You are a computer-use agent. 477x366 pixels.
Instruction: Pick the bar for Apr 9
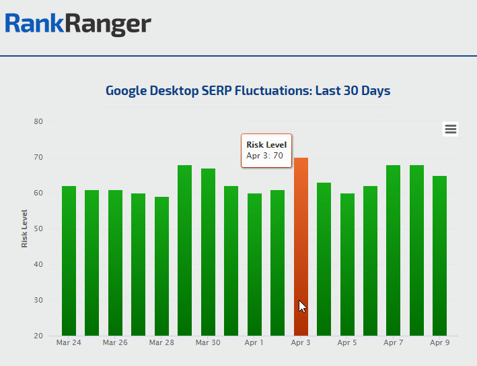(439, 255)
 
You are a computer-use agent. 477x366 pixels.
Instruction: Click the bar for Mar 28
(161, 266)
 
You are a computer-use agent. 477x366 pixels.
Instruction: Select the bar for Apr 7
(393, 250)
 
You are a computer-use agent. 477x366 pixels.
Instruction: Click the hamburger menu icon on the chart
(451, 129)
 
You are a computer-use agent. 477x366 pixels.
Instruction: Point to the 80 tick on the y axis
(38, 122)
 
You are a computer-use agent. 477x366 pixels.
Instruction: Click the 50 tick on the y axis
(38, 229)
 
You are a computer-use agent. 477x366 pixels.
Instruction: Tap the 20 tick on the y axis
(38, 336)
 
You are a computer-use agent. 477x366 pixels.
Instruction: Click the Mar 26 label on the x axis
(115, 342)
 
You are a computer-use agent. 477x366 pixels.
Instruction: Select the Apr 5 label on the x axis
(347, 342)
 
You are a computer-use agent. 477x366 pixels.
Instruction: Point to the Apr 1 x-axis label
(254, 342)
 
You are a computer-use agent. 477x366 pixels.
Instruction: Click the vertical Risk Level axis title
(25, 228)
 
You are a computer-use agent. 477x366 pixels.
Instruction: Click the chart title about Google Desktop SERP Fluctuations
(248, 90)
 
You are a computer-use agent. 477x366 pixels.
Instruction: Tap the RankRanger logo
(78, 24)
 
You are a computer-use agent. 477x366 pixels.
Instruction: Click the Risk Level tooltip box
(266, 150)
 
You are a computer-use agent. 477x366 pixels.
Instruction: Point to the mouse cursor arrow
(302, 306)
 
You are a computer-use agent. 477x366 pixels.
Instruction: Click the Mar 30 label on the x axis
(208, 342)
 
